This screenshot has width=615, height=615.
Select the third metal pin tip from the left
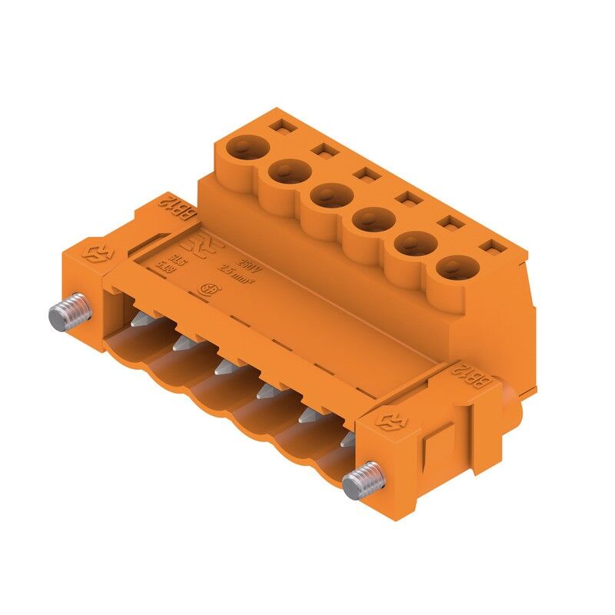tap(223, 369)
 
